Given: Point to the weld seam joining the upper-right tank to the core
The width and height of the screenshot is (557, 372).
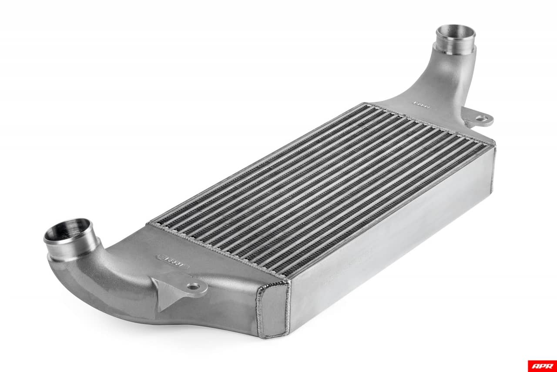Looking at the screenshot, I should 431,122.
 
